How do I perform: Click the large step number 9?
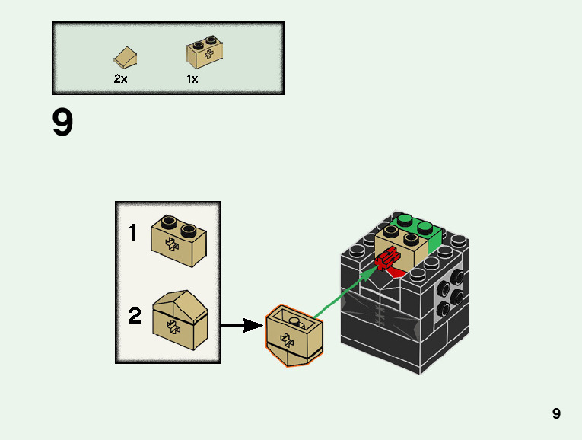(63, 123)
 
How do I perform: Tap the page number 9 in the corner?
(556, 413)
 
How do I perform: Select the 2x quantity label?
(120, 78)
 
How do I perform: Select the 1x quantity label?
(192, 78)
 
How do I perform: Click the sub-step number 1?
(132, 233)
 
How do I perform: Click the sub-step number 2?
(135, 315)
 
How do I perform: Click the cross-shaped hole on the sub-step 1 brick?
(173, 244)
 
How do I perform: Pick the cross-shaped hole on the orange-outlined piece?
(287, 339)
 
